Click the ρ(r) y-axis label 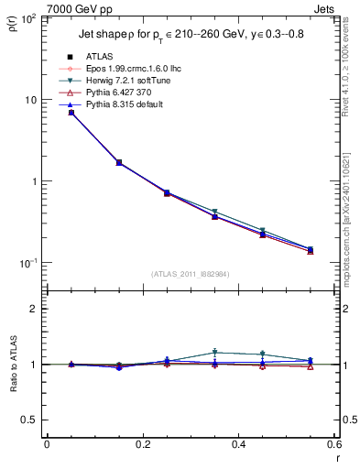coord(13,22)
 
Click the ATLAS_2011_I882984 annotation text coord(190,274)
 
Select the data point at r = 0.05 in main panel coord(71,113)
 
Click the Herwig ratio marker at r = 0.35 coord(215,352)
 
